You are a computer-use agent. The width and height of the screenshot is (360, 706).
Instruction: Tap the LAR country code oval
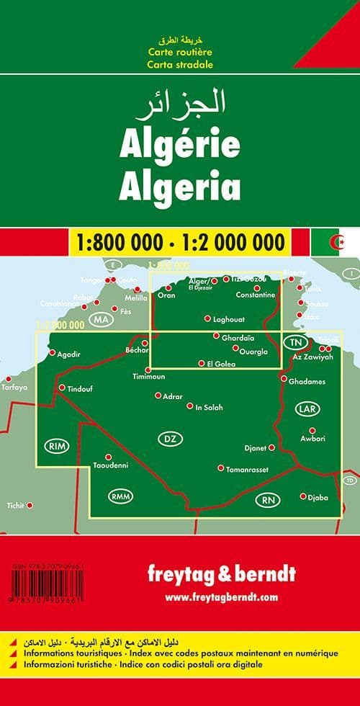click(305, 408)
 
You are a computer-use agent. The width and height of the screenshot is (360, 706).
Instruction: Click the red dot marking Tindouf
click(62, 388)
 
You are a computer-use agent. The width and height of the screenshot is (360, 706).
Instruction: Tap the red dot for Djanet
click(271, 447)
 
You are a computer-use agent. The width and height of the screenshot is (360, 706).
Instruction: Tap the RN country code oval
click(269, 500)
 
